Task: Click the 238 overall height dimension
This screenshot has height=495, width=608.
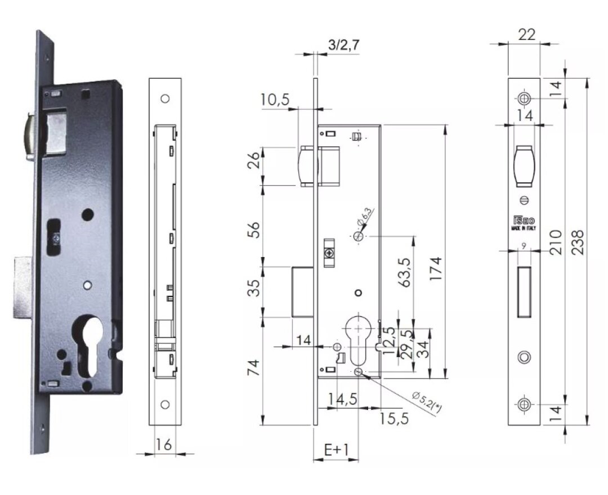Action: [x=578, y=242]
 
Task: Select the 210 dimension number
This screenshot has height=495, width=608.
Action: [x=556, y=242]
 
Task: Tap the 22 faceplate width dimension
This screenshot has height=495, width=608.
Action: [x=526, y=34]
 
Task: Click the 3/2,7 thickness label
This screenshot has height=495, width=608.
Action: [x=343, y=44]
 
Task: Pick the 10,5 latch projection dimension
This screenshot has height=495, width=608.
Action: [x=275, y=100]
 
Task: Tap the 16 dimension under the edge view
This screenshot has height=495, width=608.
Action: [x=163, y=444]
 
